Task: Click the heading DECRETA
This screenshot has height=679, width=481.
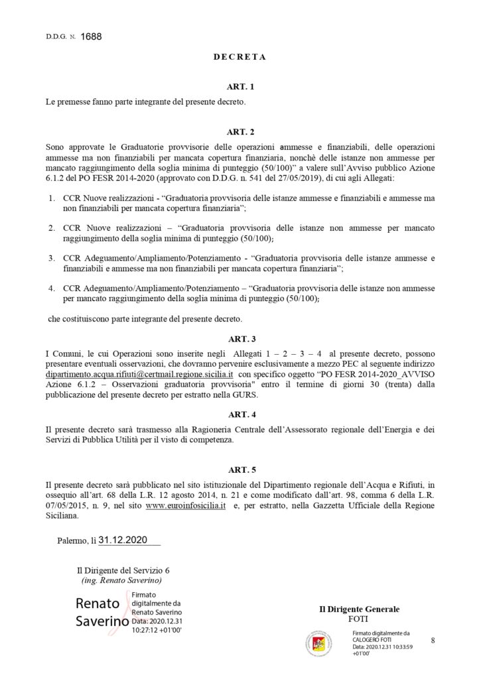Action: pos(240,57)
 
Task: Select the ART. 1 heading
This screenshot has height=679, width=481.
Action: pos(240,87)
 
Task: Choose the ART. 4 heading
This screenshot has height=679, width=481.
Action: pos(240,414)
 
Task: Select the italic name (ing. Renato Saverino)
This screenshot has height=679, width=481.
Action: pos(120,580)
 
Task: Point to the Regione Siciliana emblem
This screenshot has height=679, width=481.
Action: pos(322,642)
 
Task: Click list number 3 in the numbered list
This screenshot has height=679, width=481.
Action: pos(51,257)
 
